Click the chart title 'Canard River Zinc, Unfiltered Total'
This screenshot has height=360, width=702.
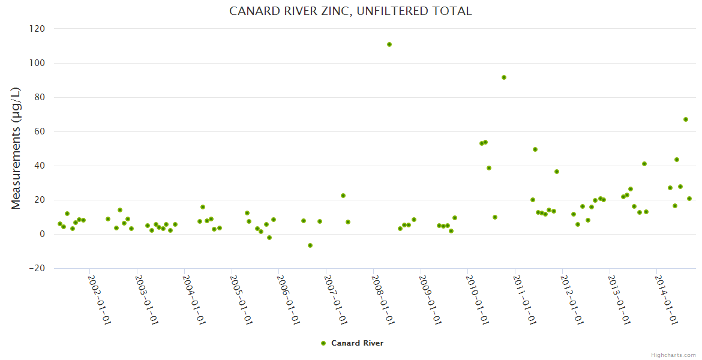pyautogui.click(x=350, y=11)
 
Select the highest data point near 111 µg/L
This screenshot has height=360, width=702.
pyautogui.click(x=389, y=44)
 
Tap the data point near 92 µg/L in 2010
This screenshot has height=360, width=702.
pyautogui.click(x=504, y=77)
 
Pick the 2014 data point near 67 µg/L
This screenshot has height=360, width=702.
pyautogui.click(x=686, y=119)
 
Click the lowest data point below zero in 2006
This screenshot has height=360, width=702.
pyautogui.click(x=310, y=245)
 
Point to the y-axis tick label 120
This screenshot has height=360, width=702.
pyautogui.click(x=38, y=29)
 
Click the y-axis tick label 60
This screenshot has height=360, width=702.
pyautogui.click(x=40, y=131)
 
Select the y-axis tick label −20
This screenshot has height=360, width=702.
pyautogui.click(x=37, y=268)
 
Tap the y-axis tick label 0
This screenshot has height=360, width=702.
pyautogui.click(x=43, y=234)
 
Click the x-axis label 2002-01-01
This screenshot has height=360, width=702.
pyautogui.click(x=100, y=299)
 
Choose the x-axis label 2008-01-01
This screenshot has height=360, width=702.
pyautogui.click(x=383, y=299)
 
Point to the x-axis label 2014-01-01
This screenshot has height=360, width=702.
pyautogui.click(x=667, y=299)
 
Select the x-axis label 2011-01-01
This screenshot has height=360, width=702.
pyautogui.click(x=525, y=299)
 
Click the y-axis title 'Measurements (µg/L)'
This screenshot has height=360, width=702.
pyautogui.click(x=16, y=148)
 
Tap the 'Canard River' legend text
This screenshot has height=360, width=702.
pyautogui.click(x=357, y=343)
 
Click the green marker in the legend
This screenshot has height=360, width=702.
pyautogui.click(x=323, y=343)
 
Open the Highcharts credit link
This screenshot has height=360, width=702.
pyautogui.click(x=673, y=355)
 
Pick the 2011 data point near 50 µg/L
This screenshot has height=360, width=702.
pyautogui.click(x=535, y=149)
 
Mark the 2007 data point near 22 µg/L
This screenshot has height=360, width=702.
pyautogui.click(x=343, y=196)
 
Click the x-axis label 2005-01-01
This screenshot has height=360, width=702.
pyautogui.click(x=241, y=299)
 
